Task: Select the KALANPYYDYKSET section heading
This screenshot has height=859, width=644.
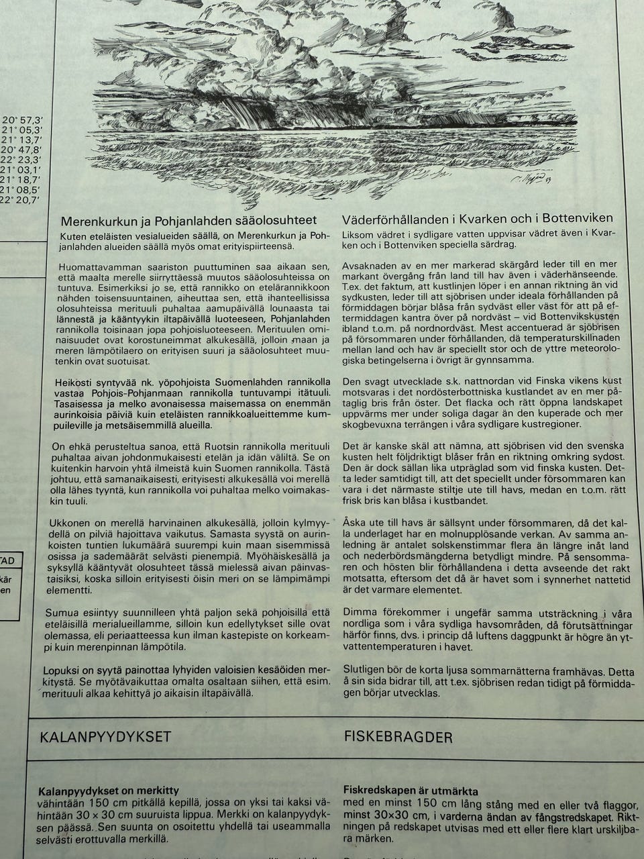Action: pyautogui.click(x=105, y=737)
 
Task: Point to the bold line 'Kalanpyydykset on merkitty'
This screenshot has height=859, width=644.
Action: pyautogui.click(x=109, y=791)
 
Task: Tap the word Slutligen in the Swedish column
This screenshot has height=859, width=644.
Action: pyautogui.click(x=364, y=670)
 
